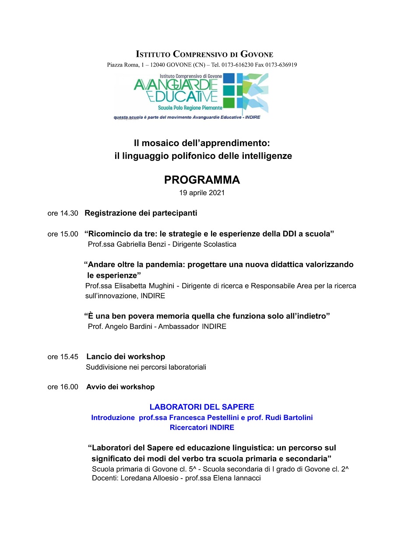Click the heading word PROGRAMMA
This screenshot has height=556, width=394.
click(x=202, y=180)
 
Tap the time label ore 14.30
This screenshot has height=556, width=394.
click(x=63, y=213)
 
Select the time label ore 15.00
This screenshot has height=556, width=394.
click(x=63, y=234)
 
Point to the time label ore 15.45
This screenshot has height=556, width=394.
click(x=63, y=357)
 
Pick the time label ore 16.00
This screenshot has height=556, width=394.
click(x=63, y=387)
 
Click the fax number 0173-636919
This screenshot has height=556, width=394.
click(x=281, y=65)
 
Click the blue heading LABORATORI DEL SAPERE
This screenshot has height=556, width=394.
click(x=202, y=407)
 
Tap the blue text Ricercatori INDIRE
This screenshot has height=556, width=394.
click(x=202, y=428)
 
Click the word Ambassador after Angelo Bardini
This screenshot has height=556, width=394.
click(x=179, y=327)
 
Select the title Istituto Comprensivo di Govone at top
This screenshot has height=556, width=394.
click(x=204, y=54)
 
